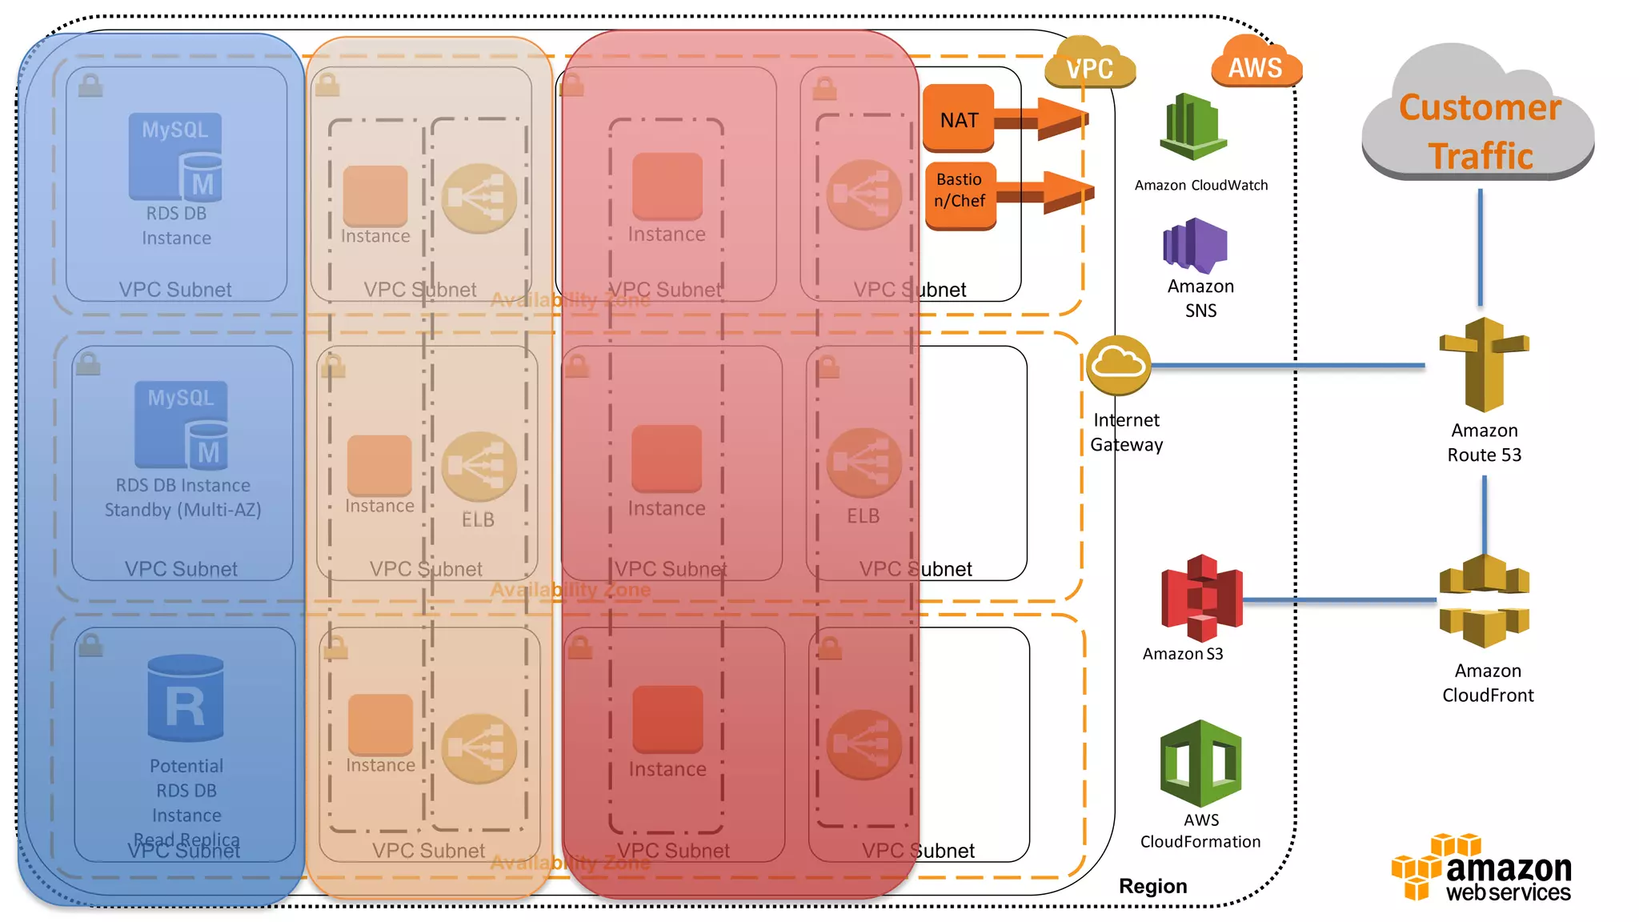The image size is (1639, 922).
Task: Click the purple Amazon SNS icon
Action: tap(1195, 245)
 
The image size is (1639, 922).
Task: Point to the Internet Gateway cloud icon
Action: tap(1119, 365)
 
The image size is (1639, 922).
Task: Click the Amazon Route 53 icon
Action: tap(1484, 364)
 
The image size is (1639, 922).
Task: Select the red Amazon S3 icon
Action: tap(1201, 598)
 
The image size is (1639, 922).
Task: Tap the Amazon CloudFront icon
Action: tap(1484, 600)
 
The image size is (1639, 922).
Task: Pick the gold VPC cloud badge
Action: tap(1089, 66)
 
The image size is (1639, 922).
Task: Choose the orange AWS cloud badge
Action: tap(1256, 64)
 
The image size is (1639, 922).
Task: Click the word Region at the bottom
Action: tap(1152, 886)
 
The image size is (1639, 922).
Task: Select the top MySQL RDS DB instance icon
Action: tap(175, 157)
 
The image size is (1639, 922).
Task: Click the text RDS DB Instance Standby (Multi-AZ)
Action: tap(182, 497)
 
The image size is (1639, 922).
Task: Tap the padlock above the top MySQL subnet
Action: tap(90, 85)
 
